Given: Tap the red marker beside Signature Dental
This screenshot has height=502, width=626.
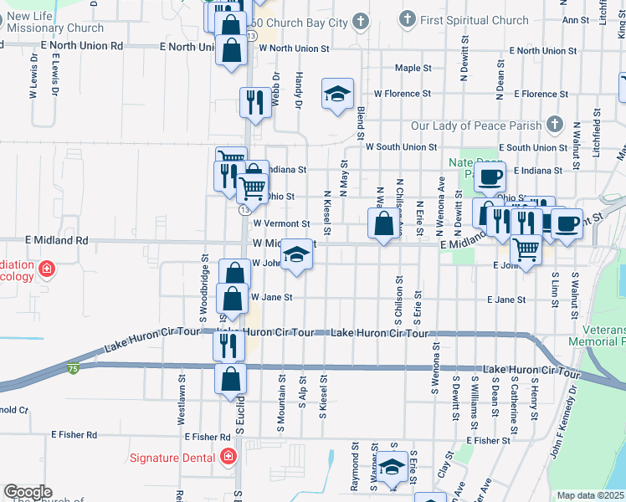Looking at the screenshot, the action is [x=228, y=457].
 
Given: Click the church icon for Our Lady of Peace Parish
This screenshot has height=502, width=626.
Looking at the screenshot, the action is [x=553, y=125].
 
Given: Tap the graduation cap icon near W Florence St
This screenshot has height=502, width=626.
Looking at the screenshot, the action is [x=337, y=94].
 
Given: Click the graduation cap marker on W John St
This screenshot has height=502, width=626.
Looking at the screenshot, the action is [x=295, y=254].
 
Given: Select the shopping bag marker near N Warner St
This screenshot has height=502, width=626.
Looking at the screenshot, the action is [x=383, y=224].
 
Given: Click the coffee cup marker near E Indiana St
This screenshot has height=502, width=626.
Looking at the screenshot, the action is [x=490, y=177].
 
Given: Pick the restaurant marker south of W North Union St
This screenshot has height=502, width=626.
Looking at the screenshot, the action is [x=252, y=102].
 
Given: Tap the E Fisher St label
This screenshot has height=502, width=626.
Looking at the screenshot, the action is [x=489, y=440].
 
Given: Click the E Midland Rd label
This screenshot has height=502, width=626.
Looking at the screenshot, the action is [x=58, y=240].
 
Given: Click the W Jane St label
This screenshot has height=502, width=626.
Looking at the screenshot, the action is [x=272, y=297].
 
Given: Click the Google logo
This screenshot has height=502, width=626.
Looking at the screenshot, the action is [x=28, y=493].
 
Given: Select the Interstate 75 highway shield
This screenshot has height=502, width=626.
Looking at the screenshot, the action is [x=74, y=367].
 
